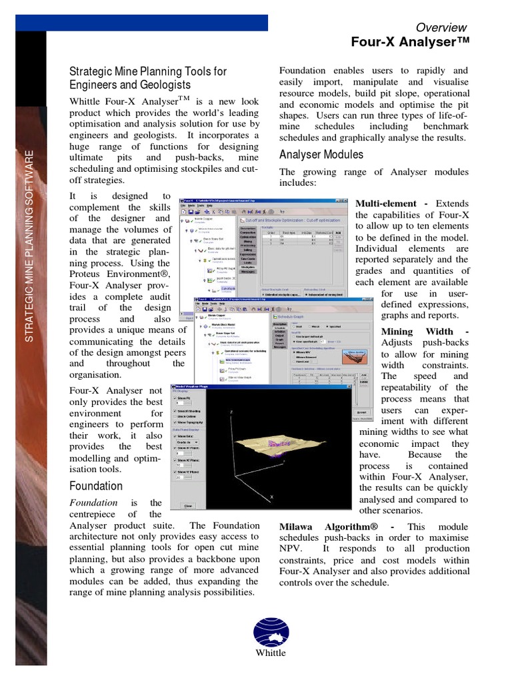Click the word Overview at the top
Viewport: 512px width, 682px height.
point(441,27)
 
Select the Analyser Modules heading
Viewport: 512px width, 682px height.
point(321,155)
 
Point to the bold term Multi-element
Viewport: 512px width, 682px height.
point(387,203)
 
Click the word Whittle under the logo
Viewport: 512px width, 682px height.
point(270,653)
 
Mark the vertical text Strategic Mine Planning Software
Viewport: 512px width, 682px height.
point(29,246)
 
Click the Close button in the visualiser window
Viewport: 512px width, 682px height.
point(188,506)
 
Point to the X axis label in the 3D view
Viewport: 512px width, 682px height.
point(272,497)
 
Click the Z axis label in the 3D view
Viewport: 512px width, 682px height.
point(231,413)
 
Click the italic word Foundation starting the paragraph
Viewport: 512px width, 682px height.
point(94,502)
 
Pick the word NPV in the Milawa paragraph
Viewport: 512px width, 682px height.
point(291,549)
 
